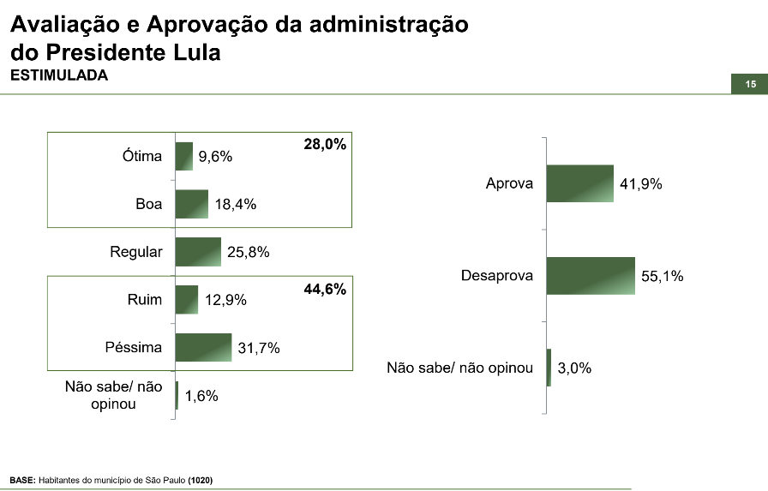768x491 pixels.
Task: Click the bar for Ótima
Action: click(184, 156)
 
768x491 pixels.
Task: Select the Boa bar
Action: click(192, 204)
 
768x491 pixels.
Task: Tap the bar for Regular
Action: click(198, 252)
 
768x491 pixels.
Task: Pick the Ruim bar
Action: click(187, 300)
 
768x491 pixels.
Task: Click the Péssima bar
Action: click(204, 347)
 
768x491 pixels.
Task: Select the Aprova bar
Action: click(580, 183)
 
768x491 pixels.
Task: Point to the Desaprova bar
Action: click(591, 276)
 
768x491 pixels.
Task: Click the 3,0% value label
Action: click(574, 368)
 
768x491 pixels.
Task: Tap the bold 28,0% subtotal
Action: click(325, 145)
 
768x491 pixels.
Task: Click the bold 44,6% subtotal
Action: click(325, 290)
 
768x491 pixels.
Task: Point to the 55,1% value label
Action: click(662, 277)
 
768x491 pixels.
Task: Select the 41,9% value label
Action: click(641, 184)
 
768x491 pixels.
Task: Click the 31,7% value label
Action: click(259, 348)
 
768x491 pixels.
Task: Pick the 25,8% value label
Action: click(248, 253)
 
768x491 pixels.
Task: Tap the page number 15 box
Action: click(750, 84)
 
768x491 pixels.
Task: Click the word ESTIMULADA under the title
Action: click(58, 75)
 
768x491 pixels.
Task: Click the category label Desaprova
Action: click(496, 276)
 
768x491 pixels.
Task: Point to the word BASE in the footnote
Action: click(22, 480)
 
